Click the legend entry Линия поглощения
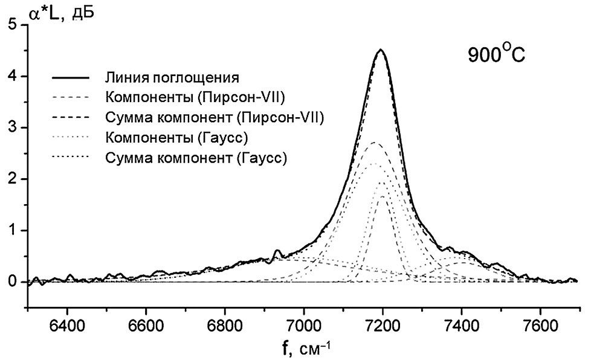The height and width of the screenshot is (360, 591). pos(173,78)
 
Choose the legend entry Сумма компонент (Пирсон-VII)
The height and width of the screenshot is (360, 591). pos(215,118)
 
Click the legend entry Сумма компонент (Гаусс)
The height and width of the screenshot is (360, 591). pos(195,158)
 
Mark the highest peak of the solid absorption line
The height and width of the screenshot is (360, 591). pos(381,50)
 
